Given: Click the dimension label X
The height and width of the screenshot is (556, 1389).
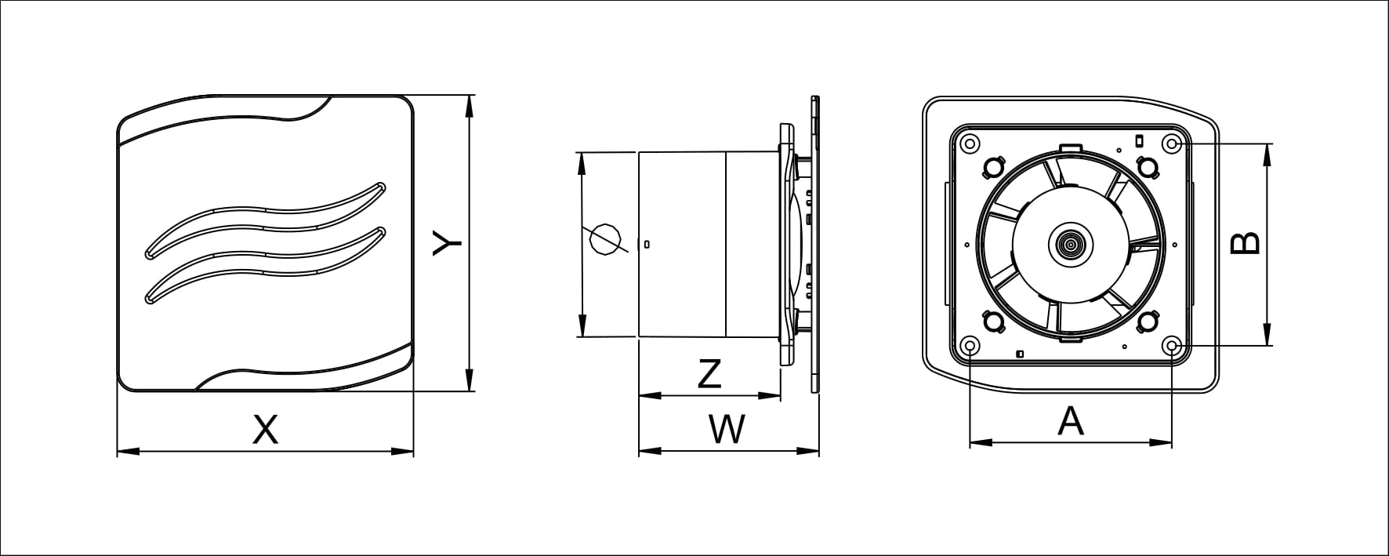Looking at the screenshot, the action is coord(266,430).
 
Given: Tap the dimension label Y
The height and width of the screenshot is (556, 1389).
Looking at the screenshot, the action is coord(448,244).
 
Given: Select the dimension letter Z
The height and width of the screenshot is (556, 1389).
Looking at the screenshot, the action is coord(709,374).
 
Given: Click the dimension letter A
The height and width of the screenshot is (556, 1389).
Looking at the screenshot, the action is coord(1071,421).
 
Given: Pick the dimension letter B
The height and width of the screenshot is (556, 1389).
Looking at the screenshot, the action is coord(1245,244).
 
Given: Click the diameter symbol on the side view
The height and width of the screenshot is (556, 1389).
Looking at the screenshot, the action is coord(605,239).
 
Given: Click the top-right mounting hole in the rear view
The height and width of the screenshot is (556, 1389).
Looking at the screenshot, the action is coord(1172,144).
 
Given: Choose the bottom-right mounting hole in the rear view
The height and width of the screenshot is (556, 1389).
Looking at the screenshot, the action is coord(1172,346).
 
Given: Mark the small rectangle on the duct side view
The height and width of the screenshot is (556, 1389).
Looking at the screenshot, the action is coord(646,244).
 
